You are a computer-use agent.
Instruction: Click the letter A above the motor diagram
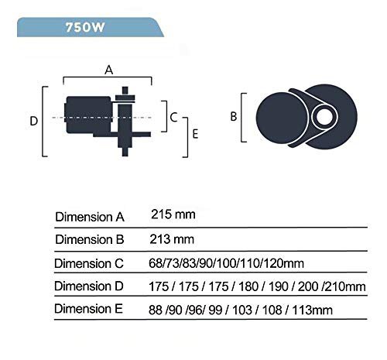pyautogui.click(x=109, y=69)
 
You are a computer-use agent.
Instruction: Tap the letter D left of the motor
pyautogui.click(x=33, y=121)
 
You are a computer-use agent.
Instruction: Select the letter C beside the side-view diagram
pyautogui.click(x=174, y=117)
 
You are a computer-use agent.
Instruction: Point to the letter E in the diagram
pyautogui.click(x=195, y=134)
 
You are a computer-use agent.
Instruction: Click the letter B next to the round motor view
pyautogui.click(x=233, y=118)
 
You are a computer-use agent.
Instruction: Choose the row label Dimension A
pyautogui.click(x=90, y=216)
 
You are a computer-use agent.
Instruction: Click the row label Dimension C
pyautogui.click(x=90, y=263)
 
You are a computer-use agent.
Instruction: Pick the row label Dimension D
pyautogui.click(x=90, y=286)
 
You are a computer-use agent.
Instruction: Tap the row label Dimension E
pyautogui.click(x=90, y=310)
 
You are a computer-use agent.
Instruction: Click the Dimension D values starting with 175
pyautogui.click(x=256, y=286)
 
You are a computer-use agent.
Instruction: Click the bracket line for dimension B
pyautogui.click(x=245, y=118)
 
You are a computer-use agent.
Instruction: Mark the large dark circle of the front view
pyautogui.click(x=279, y=118)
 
